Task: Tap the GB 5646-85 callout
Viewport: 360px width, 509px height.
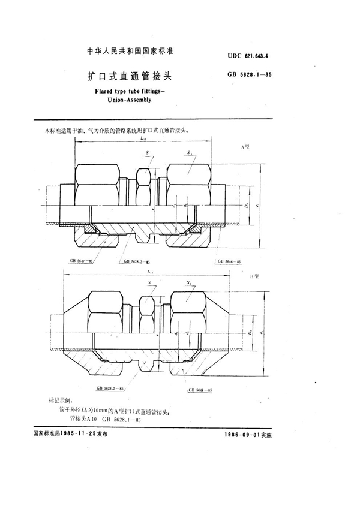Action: pos(229,262)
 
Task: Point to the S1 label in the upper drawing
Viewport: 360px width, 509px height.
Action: pos(190,153)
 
